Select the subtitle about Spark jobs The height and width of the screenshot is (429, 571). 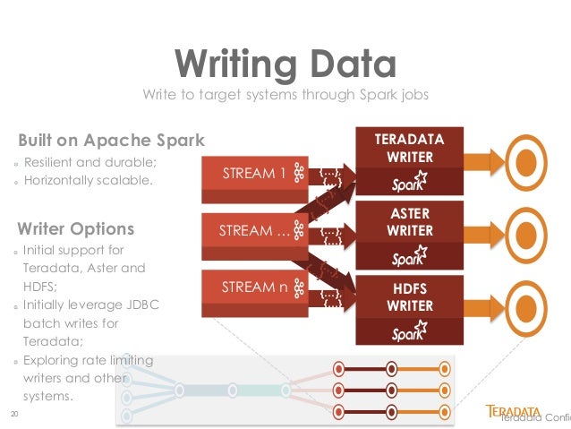click(285, 95)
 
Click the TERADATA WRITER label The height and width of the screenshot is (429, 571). click(409, 149)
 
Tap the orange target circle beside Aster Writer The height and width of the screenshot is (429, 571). click(528, 236)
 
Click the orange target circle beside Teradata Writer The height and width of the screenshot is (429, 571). click(528, 161)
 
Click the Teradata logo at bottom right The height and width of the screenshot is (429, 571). click(519, 413)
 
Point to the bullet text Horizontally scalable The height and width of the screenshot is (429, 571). click(89, 180)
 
